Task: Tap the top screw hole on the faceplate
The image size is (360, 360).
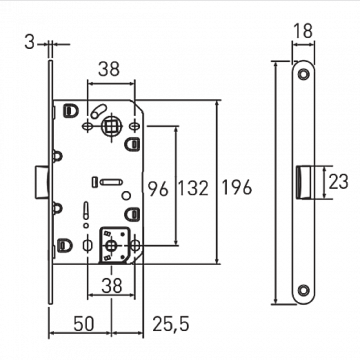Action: tap(302, 77)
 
